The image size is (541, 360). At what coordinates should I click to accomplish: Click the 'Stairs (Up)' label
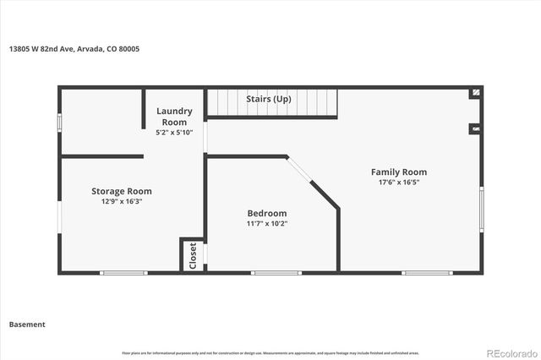point(268,99)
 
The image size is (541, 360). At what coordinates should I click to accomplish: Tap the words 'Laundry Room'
point(174,117)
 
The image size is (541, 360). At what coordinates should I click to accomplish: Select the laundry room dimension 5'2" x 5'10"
point(174,133)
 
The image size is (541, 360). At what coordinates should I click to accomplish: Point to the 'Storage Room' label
point(122,191)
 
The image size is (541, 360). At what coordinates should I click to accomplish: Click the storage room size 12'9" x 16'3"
point(122,202)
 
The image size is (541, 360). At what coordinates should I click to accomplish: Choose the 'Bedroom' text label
point(267,213)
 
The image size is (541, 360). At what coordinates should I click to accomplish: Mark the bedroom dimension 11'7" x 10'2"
point(267,224)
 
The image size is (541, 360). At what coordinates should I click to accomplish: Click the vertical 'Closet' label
point(192,255)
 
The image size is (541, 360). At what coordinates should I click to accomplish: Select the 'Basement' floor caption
point(27,324)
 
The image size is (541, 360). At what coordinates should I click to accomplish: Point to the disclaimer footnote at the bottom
point(270,352)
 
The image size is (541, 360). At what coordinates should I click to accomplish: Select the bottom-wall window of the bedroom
point(276,272)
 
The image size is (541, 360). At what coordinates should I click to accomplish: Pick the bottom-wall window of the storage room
point(123,272)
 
